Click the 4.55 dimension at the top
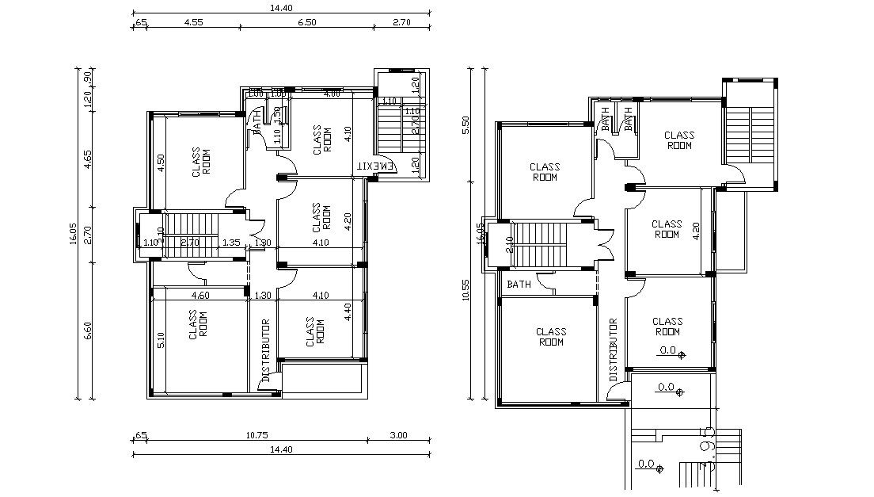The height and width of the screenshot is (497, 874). coord(193,22)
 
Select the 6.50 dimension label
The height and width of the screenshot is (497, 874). coord(306,22)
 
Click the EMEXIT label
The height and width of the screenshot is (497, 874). coord(374,166)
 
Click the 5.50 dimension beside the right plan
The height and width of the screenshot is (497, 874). coord(465,125)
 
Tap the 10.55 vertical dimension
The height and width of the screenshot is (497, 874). coord(465,289)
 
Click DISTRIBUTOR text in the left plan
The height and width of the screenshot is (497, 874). coord(266,350)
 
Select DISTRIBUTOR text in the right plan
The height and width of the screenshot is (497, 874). coord(613,349)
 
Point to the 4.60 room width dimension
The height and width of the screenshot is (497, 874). coord(201,296)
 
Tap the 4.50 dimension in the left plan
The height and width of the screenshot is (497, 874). coord(161,163)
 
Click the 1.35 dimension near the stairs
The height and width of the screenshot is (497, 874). coord(230,243)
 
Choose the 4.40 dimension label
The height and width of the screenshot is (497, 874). coord(348,312)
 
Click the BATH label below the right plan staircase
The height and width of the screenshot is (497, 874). coord(519,284)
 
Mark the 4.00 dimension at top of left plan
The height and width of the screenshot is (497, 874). coord(332,94)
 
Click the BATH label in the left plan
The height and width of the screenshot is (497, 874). coord(256,123)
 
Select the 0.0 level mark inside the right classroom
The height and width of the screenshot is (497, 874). coord(668,350)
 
